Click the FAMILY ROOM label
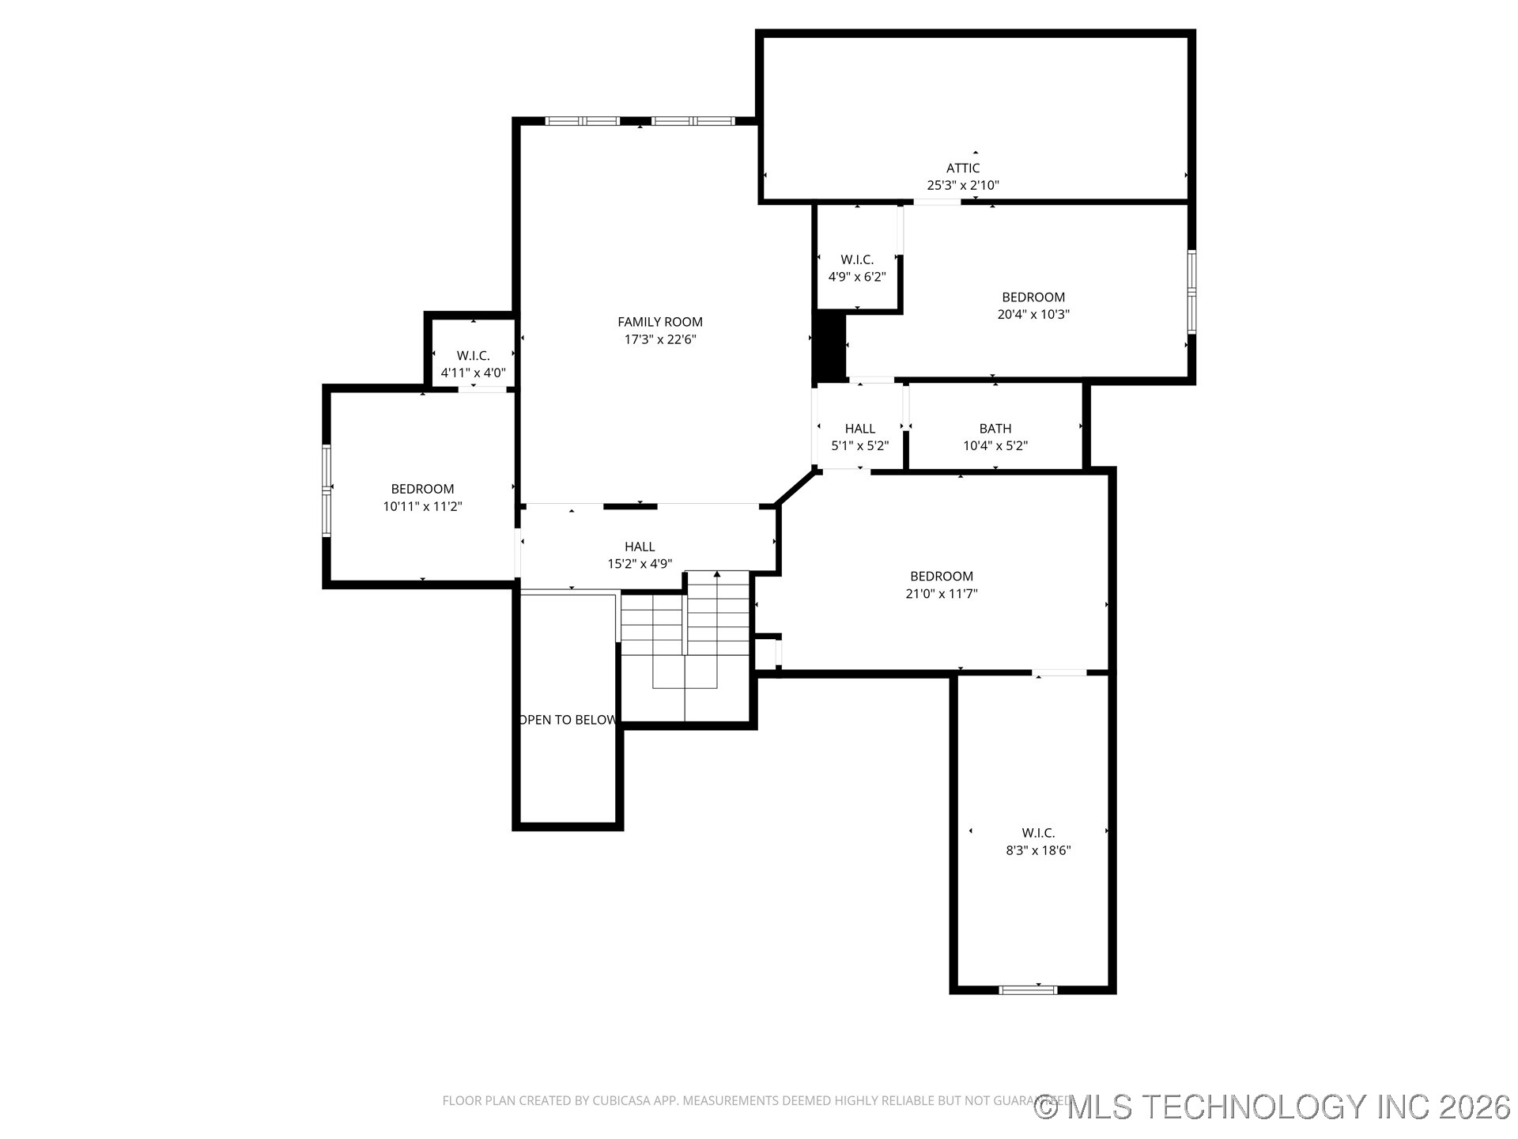point(659,322)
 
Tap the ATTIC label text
point(962,168)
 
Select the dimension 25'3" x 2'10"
point(962,185)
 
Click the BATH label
point(995,429)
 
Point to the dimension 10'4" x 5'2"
point(995,446)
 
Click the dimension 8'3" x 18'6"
point(1037,850)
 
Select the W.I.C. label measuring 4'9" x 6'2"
point(856,259)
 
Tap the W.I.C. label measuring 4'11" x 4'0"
point(473,356)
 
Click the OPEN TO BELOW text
point(567,720)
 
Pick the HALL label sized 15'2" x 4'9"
point(639,547)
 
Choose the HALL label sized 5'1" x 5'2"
point(859,429)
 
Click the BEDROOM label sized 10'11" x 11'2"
point(422,489)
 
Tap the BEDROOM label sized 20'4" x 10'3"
point(1033,297)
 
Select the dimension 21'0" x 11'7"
point(941,594)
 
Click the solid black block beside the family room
point(829,346)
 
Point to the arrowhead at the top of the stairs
point(716,574)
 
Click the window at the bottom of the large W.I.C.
point(1027,989)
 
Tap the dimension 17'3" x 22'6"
point(659,339)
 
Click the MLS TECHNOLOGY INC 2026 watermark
point(1272,1107)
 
